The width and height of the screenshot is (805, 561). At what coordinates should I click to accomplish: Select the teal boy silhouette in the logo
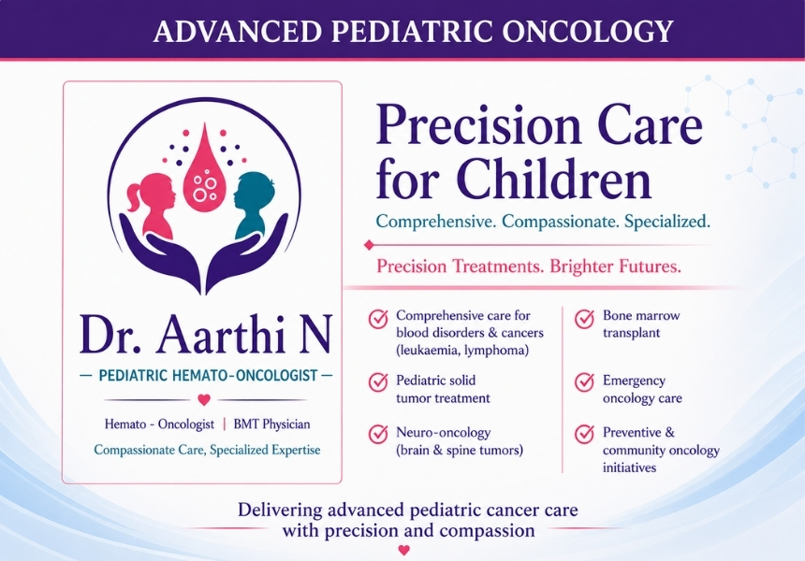(x=254, y=205)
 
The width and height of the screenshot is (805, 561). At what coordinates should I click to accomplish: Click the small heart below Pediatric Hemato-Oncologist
(x=204, y=399)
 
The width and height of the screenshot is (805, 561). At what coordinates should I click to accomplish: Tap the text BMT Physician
(x=271, y=424)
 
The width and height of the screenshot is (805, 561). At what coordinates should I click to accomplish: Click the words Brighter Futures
(x=615, y=266)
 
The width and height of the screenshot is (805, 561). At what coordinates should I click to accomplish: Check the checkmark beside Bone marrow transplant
(x=584, y=319)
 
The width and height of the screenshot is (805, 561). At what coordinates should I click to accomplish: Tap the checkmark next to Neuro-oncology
(x=378, y=434)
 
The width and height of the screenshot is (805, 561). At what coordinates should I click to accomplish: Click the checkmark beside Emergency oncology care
(x=584, y=382)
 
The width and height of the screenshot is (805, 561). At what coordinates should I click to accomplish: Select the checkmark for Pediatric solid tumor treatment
(x=378, y=382)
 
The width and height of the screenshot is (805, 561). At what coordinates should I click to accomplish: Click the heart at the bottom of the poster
(x=404, y=550)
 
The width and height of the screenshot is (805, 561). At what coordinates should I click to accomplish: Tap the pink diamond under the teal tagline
(x=368, y=245)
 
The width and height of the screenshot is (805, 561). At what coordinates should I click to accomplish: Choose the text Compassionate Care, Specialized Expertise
(x=207, y=450)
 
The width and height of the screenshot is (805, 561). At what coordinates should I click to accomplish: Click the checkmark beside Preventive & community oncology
(x=584, y=434)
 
